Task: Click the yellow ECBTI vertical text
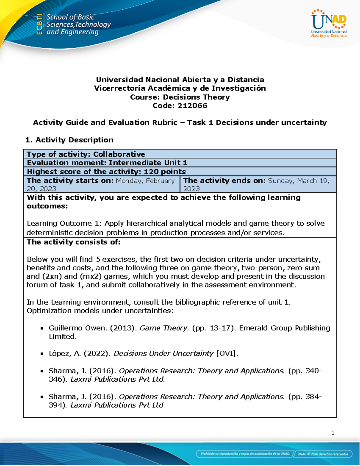pyautogui.click(x=39, y=24)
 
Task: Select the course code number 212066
pyautogui.click(x=192, y=106)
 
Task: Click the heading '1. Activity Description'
pyautogui.click(x=69, y=140)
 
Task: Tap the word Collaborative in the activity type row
pyautogui.click(x=119, y=154)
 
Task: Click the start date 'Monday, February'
pyautogui.click(x=145, y=181)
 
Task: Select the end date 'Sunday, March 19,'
pyautogui.click(x=298, y=181)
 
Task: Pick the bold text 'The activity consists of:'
pyautogui.click(x=73, y=242)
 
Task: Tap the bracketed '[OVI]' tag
pyautogui.click(x=227, y=353)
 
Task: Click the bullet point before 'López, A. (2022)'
pyautogui.click(x=42, y=354)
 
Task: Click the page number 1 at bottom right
pyautogui.click(x=333, y=433)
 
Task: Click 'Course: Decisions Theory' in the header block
pyautogui.click(x=180, y=97)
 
